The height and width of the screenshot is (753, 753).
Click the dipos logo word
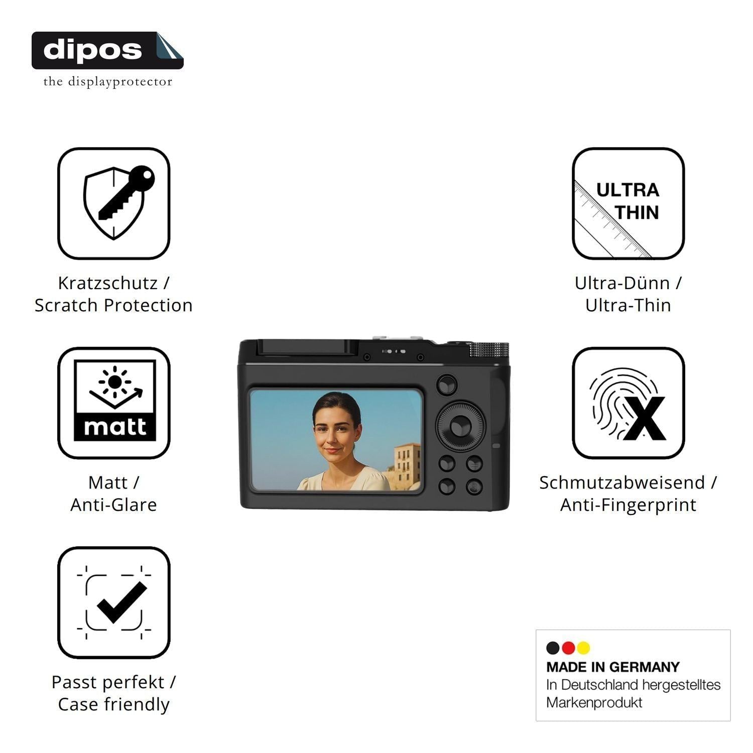coord(92,50)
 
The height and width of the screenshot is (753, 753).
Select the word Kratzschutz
coord(108,283)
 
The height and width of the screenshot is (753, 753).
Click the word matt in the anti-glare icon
coord(115,427)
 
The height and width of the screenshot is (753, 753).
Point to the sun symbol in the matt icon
coord(115,382)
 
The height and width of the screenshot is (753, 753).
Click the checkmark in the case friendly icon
coord(122,602)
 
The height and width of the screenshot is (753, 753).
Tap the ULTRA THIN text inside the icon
coord(629,201)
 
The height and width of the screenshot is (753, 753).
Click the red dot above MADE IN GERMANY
coord(568,648)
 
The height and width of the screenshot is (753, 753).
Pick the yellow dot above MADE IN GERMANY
coord(583,648)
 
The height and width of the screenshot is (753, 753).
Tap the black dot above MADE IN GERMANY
coord(553,648)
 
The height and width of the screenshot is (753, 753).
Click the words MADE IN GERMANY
coord(613,667)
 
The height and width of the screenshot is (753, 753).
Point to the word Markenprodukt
coord(594,702)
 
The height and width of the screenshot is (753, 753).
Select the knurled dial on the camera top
coord(489,350)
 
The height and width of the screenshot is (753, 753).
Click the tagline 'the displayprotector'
coord(108,82)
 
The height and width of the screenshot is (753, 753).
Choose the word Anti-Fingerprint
coord(629,505)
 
